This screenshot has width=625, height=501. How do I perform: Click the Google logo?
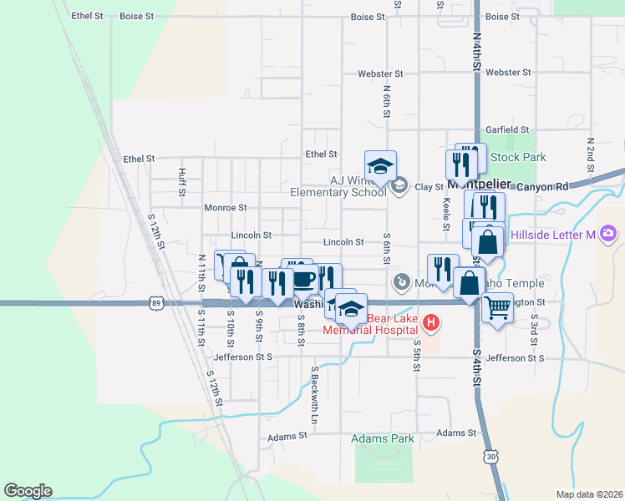pos(28,491)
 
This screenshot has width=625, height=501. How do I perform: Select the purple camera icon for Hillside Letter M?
pos(608,234)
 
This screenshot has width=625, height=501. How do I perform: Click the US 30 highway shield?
pos(491,457)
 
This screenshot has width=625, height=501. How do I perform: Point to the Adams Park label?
pos(383,438)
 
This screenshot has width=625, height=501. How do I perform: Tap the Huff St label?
pos(182,177)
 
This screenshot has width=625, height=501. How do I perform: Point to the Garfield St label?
pos(508,129)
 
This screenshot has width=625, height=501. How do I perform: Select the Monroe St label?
pos(226,207)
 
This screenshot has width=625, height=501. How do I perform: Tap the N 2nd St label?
pos(590,150)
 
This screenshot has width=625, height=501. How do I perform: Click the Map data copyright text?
pos(587,494)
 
